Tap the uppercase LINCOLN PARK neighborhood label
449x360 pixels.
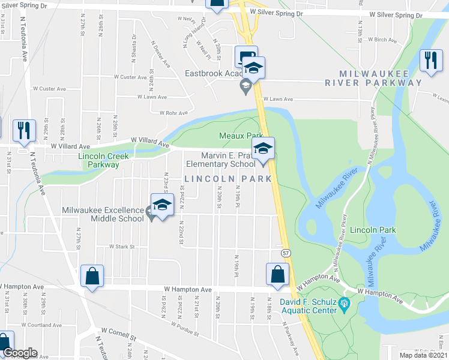coord(228,179)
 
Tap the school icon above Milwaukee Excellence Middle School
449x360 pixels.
coord(161,205)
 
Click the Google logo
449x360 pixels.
coord(19,353)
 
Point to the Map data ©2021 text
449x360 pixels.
coord(423,355)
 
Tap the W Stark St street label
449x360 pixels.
coord(120,247)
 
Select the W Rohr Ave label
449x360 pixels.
coord(173,112)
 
